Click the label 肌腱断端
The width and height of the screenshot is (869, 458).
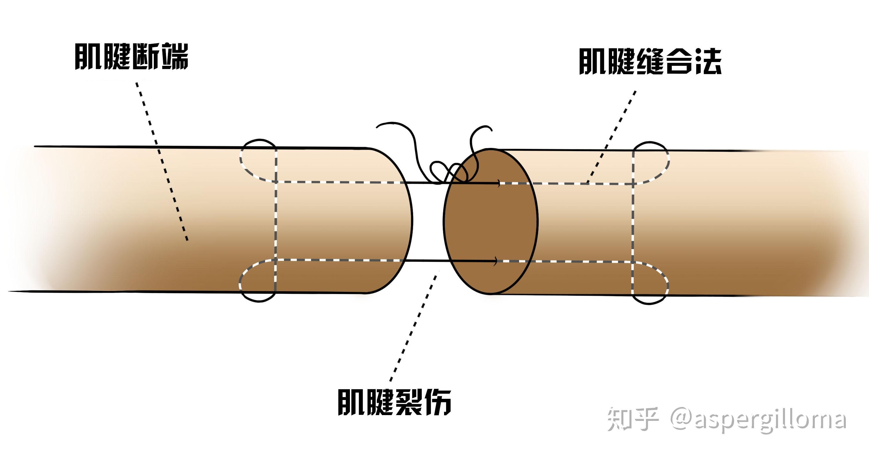(131, 57)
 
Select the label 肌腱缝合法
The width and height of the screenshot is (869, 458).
(650, 62)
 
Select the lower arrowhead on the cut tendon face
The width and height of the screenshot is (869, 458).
(495, 261)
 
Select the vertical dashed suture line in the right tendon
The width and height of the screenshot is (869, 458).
(634, 223)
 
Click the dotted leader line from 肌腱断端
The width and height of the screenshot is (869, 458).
(162, 162)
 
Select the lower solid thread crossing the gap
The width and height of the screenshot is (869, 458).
(427, 261)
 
